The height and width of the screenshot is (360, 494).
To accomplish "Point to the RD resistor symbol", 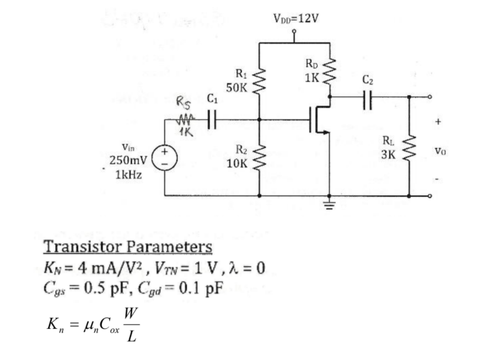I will pos(330,71).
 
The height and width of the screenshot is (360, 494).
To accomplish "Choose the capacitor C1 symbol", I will pos(212,119).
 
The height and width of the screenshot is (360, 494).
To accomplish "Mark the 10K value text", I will pos(238,164).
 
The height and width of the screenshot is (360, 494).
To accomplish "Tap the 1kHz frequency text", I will pos(129,174).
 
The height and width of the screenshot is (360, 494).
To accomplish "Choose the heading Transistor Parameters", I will pos(128,246).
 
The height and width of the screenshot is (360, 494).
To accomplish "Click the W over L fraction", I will pos(131,324).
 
